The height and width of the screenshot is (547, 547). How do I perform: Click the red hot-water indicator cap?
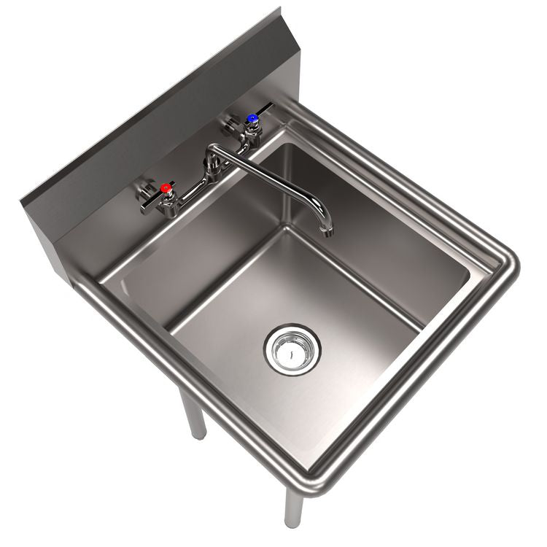(167, 189)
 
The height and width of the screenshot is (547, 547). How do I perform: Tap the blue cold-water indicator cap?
(252, 117)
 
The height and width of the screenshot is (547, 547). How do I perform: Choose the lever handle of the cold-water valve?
(264, 109)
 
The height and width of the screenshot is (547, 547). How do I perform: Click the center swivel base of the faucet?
(214, 169)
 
